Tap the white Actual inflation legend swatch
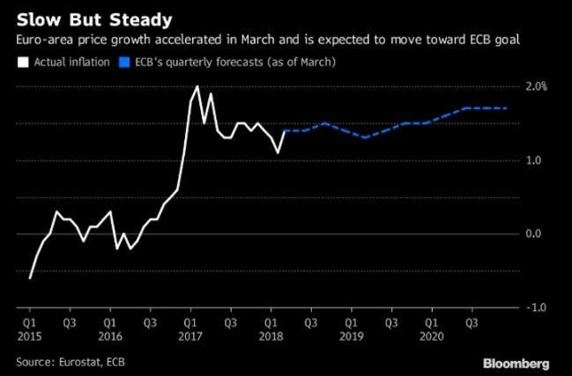(x=22, y=63)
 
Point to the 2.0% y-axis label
(x=536, y=86)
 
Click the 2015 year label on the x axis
(x=30, y=337)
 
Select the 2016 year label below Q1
(x=110, y=337)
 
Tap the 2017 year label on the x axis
(x=190, y=337)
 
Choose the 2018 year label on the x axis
(x=271, y=337)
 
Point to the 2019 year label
(x=351, y=337)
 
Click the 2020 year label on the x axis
(x=431, y=337)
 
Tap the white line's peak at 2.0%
(x=197, y=86)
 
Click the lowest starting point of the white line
(x=30, y=277)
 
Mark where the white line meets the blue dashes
(x=285, y=130)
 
